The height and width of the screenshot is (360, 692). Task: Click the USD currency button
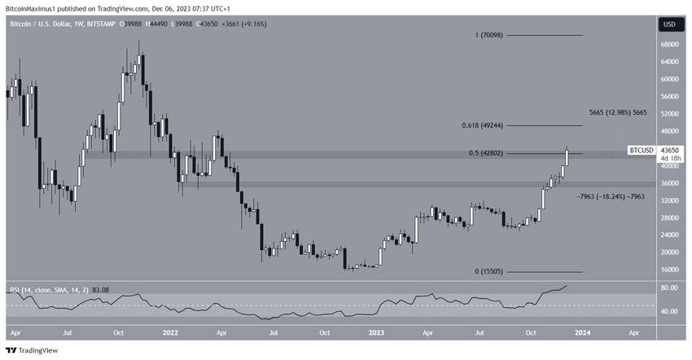(x=670, y=24)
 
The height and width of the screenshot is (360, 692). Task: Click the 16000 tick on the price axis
(x=671, y=269)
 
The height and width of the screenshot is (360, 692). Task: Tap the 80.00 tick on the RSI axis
(x=669, y=288)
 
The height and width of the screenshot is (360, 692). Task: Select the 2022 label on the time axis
(x=171, y=332)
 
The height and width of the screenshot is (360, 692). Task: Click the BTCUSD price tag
(x=641, y=151)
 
